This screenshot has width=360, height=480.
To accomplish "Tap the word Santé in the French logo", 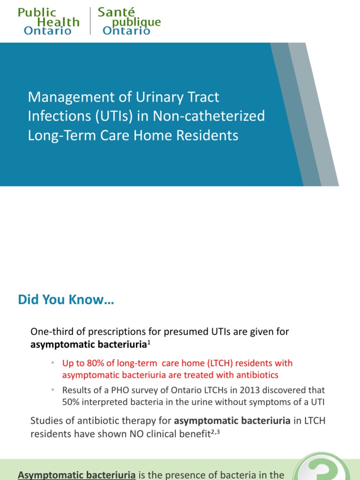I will pos(116,13).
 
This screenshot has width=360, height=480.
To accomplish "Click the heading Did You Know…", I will pos(66,300).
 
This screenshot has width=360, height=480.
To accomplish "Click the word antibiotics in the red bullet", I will pos(258,375).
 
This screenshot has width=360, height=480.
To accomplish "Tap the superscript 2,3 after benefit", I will pos(214,432).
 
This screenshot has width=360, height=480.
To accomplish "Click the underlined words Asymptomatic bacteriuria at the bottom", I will pos(77,474).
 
